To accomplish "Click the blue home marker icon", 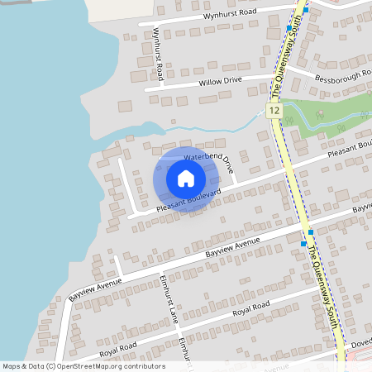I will [x=186, y=179].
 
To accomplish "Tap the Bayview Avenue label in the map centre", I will [x=232, y=246].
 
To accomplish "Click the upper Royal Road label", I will [x=251, y=308].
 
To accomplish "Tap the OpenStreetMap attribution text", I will [x=83, y=366].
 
